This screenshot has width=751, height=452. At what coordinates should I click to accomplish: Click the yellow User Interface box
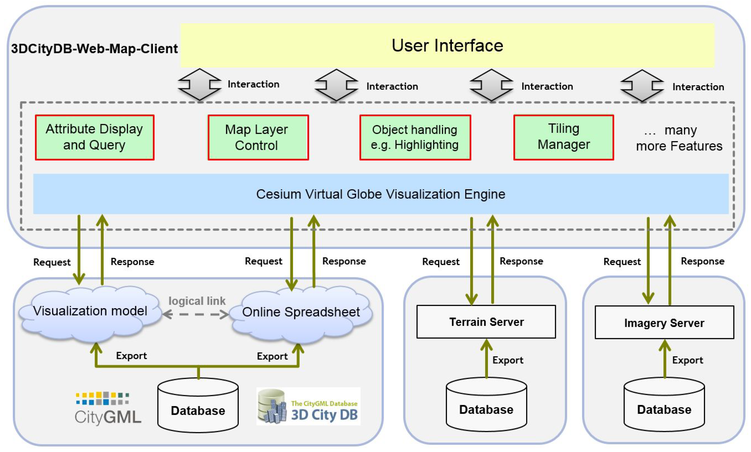447,45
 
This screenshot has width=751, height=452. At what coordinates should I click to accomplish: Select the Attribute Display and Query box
94,137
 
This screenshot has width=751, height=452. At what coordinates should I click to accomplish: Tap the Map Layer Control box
258,137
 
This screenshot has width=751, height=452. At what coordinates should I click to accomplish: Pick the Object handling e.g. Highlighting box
415,137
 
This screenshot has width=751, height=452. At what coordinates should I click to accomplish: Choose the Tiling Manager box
563,137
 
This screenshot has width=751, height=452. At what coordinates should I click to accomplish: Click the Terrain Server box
486,322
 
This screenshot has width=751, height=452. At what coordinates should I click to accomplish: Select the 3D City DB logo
308,406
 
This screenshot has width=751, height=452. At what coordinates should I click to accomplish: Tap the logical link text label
197,301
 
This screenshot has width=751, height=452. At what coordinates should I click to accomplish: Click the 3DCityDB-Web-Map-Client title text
94,49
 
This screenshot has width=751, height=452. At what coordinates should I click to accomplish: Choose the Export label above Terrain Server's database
508,360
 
